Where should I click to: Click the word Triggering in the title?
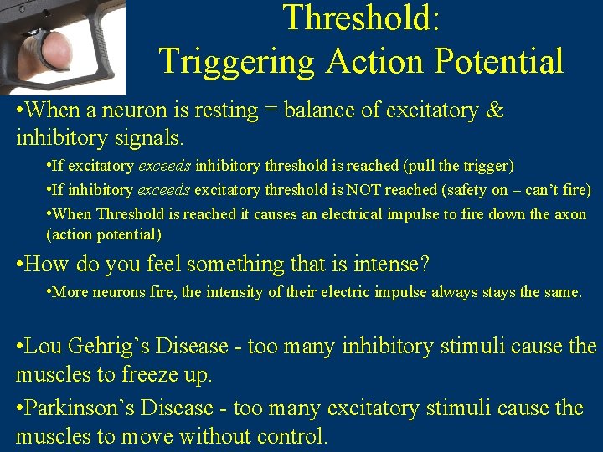pos(237,61)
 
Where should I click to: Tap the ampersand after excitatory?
pos(494,110)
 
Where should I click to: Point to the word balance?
pos(317,110)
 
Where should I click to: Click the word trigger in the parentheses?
pos(484,167)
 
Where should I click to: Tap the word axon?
pos(570,213)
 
